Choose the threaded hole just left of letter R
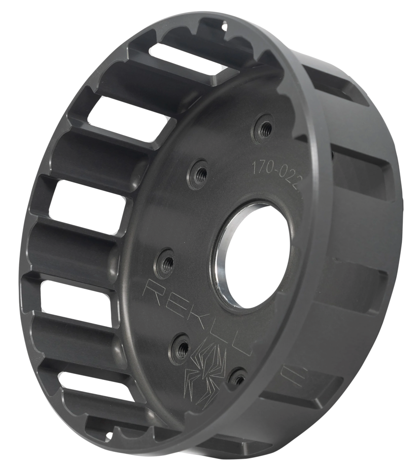(165, 258)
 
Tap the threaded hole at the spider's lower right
(238, 377)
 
